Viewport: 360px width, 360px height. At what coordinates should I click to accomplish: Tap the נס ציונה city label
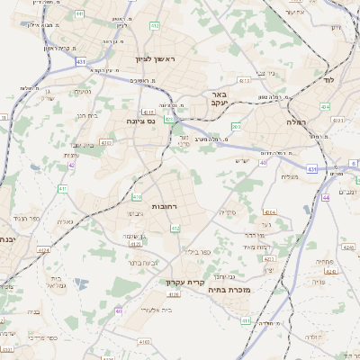pos(141,120)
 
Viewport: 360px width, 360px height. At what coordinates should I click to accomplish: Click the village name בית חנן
pos(86,114)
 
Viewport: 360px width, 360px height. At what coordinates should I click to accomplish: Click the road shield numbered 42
pos(71,166)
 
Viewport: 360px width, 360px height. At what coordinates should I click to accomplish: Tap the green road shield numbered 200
pos(236,127)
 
